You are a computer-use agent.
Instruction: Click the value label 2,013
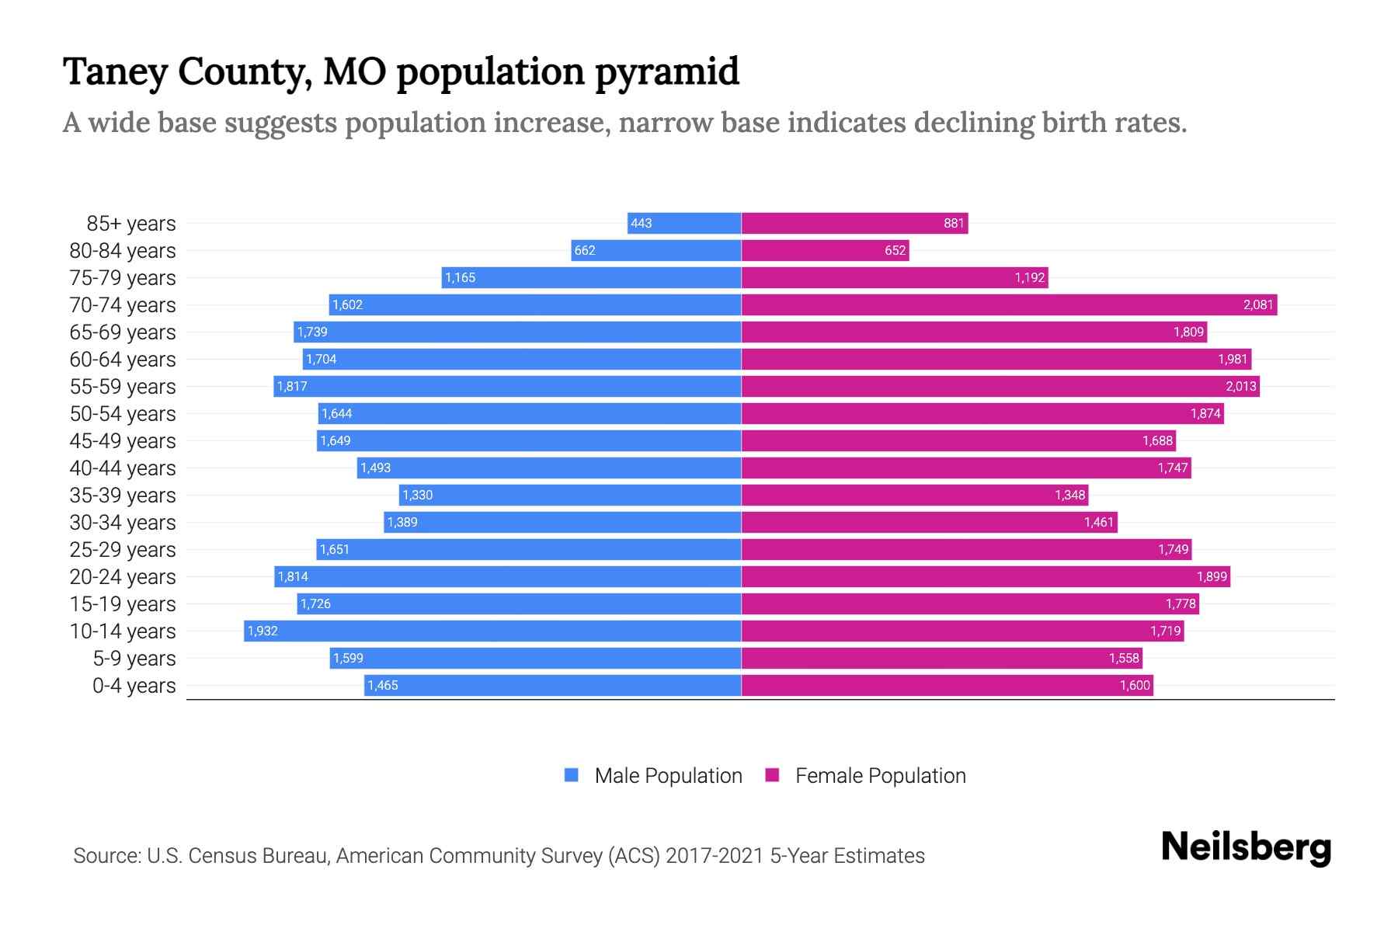[1240, 387]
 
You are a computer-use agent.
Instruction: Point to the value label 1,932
[263, 631]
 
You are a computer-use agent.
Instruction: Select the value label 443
[641, 224]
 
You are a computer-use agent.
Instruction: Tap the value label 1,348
[1069, 496]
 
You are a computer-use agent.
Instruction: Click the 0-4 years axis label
[134, 686]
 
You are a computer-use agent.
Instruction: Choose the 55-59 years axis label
[123, 387]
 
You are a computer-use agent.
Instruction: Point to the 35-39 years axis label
[123, 496]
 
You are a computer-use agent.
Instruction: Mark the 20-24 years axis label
[123, 577]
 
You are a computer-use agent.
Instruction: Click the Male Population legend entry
[667, 776]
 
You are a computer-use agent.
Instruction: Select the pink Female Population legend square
[772, 775]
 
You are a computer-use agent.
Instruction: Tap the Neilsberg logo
[1246, 847]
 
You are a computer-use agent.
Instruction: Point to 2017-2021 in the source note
[715, 856]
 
